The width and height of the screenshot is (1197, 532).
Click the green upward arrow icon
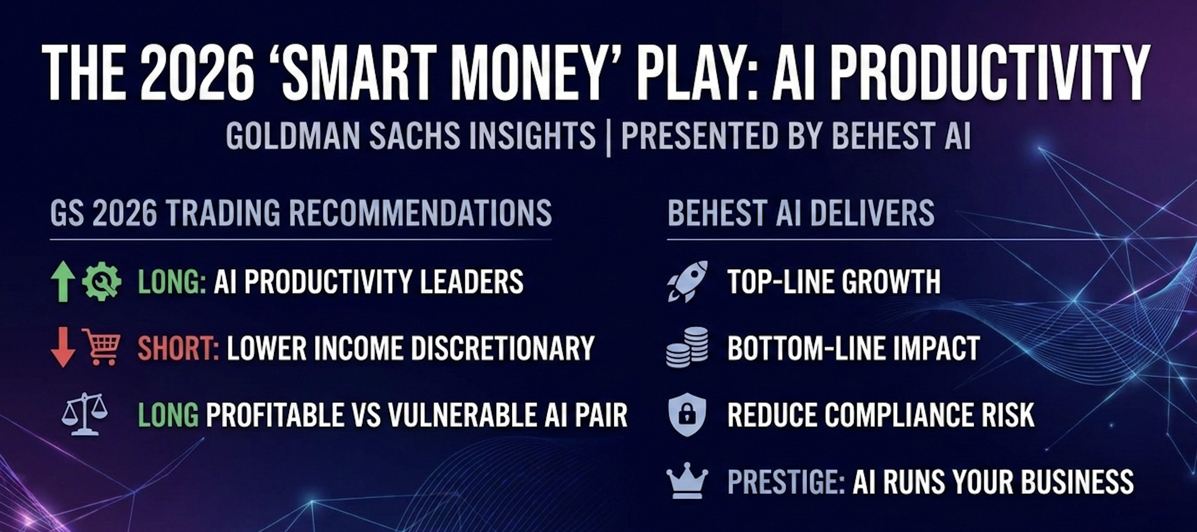click(x=63, y=281)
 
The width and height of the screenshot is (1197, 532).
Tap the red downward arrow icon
click(x=63, y=347)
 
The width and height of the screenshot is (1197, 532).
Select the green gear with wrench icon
click(x=102, y=281)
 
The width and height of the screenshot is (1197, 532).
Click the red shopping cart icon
click(x=101, y=347)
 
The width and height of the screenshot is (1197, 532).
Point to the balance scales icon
click(x=85, y=414)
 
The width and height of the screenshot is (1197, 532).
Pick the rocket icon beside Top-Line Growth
click(x=687, y=281)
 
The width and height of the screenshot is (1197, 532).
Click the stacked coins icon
click(x=687, y=347)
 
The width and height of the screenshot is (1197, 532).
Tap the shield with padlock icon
click(x=687, y=415)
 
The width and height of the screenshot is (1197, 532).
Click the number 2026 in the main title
click(x=198, y=73)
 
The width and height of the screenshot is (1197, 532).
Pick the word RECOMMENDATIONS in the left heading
click(x=420, y=213)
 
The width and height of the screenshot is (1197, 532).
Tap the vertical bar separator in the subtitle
click(x=609, y=136)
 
